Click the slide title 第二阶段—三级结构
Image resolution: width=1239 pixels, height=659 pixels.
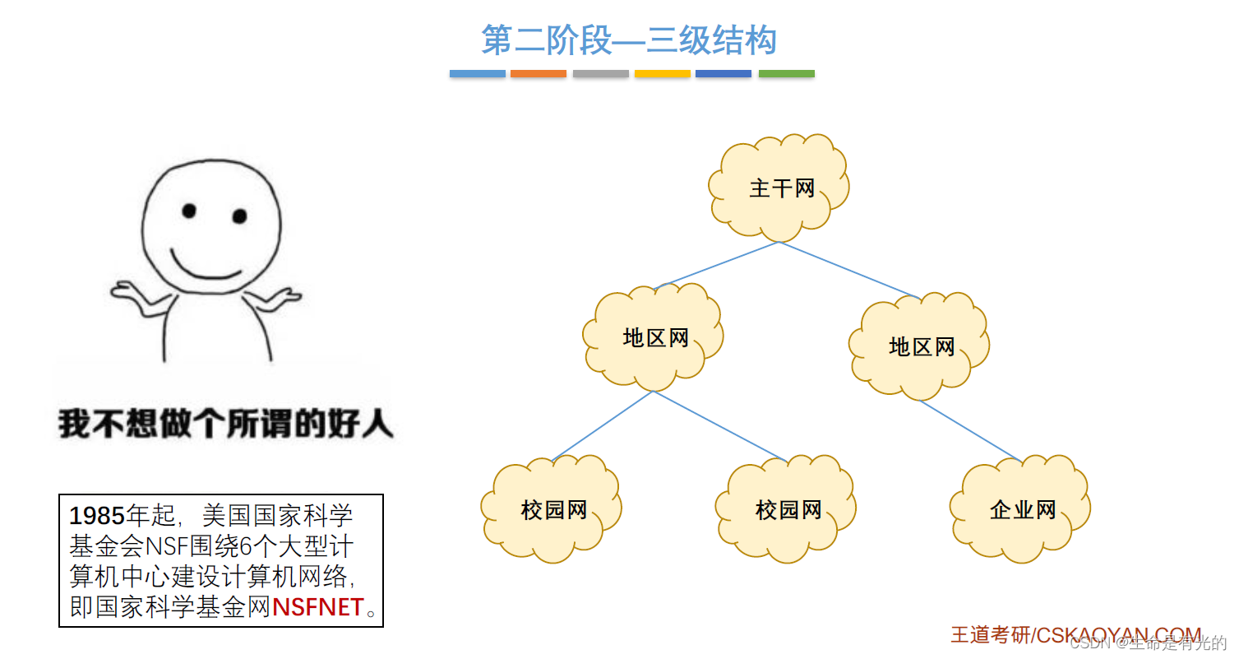629,40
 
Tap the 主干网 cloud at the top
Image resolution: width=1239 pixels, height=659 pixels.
780,188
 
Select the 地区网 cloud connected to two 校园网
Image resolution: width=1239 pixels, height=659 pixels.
654,337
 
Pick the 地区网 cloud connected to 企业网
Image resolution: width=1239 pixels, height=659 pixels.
921,346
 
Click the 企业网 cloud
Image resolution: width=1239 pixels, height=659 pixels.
1022,510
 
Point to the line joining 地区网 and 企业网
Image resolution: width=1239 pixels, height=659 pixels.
970,430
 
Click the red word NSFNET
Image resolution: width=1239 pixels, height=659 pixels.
318,608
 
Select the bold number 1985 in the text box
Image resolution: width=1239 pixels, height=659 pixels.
96,516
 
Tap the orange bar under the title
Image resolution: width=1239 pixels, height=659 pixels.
539,74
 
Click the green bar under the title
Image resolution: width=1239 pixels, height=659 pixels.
786,74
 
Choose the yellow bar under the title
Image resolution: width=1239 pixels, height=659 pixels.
662,74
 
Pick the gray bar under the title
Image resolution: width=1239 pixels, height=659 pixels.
600,74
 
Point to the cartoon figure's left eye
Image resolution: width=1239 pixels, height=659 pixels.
189,211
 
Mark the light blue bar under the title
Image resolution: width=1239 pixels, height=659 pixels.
477,74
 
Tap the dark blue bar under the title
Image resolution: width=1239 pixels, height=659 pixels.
724,74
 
